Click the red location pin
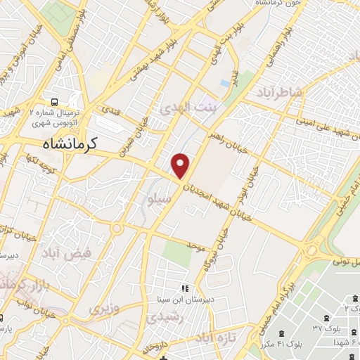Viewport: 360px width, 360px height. [x=181, y=165]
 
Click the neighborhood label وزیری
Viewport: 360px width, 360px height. [x=99, y=308]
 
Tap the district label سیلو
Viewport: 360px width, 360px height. [x=157, y=198]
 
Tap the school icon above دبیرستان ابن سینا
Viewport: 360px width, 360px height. [x=185, y=288]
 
